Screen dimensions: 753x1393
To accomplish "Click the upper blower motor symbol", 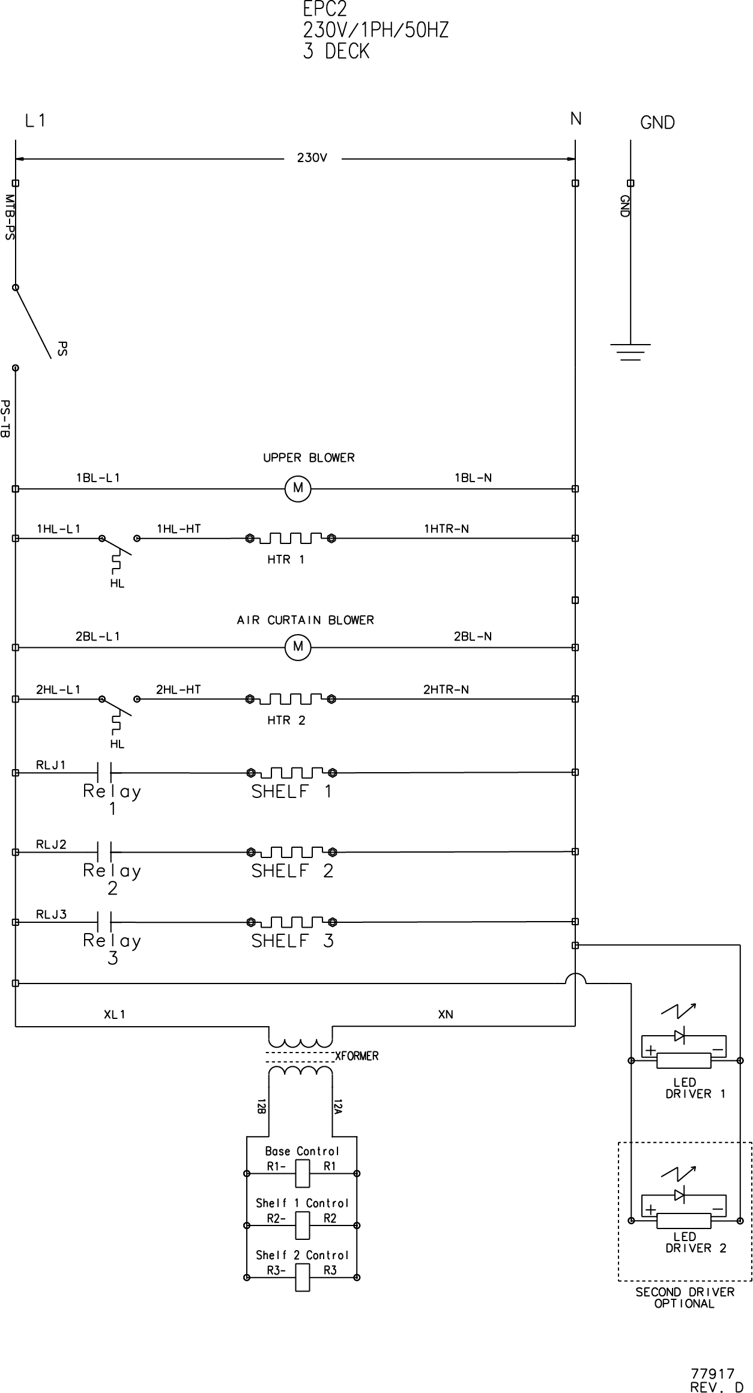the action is tap(298, 489).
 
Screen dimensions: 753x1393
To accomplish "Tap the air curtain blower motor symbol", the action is tap(298, 647).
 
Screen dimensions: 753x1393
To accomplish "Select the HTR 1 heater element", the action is tap(291, 537).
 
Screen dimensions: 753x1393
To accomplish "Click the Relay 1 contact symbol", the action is tap(104, 772).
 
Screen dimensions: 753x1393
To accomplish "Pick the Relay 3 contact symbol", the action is tap(104, 922).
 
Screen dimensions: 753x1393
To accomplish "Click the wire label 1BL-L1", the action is tap(98, 479).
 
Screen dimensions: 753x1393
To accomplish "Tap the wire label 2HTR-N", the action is tap(446, 690).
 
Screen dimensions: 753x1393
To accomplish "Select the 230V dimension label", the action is tap(312, 159).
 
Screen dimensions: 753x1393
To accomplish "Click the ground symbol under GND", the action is tap(631, 352).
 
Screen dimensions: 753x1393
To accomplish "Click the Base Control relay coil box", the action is tap(302, 1173).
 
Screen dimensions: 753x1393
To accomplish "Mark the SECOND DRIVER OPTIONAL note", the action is tap(685, 1298).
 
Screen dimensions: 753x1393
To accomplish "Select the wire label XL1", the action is tap(114, 1015).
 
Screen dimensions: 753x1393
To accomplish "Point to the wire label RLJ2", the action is tap(52, 845).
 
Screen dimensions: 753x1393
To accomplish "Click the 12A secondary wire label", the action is tap(337, 1106).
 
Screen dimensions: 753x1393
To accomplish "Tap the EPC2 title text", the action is tap(324, 10).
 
